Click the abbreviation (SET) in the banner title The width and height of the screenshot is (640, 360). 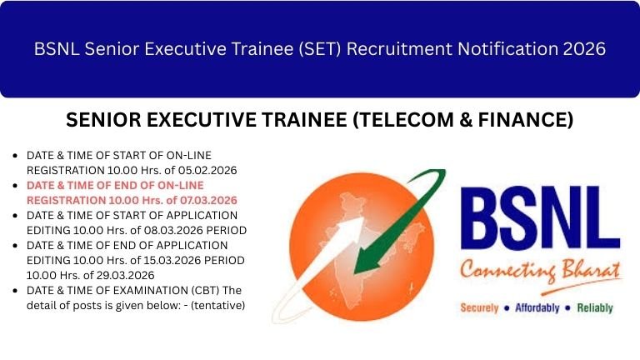[312, 49]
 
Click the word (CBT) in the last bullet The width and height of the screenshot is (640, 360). [182, 290]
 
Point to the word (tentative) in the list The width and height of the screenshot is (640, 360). [218, 305]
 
